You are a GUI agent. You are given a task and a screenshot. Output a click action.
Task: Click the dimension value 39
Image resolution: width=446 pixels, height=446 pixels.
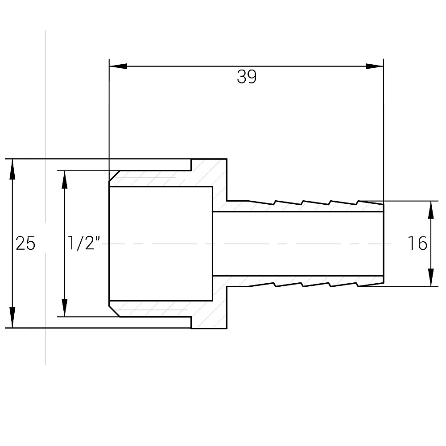tap(247, 77)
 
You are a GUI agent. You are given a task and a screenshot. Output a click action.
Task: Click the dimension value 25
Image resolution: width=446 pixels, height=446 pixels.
tap(25, 244)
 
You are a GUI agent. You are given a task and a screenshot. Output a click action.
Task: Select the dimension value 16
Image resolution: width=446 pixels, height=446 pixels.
tap(417, 244)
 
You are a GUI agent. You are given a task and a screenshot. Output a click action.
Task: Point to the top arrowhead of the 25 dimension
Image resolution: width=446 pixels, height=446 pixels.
tap(12, 168)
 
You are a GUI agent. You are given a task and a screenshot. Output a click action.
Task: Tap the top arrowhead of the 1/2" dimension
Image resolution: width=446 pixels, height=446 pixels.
tap(65, 179)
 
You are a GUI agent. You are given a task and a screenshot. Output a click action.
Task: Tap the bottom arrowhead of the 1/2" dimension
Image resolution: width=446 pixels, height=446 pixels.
tap(65, 308)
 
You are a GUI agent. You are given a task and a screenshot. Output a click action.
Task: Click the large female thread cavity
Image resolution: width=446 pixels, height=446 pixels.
tap(161, 244)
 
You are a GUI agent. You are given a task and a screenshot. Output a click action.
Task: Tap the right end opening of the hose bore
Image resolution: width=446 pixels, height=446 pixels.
tap(383, 244)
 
